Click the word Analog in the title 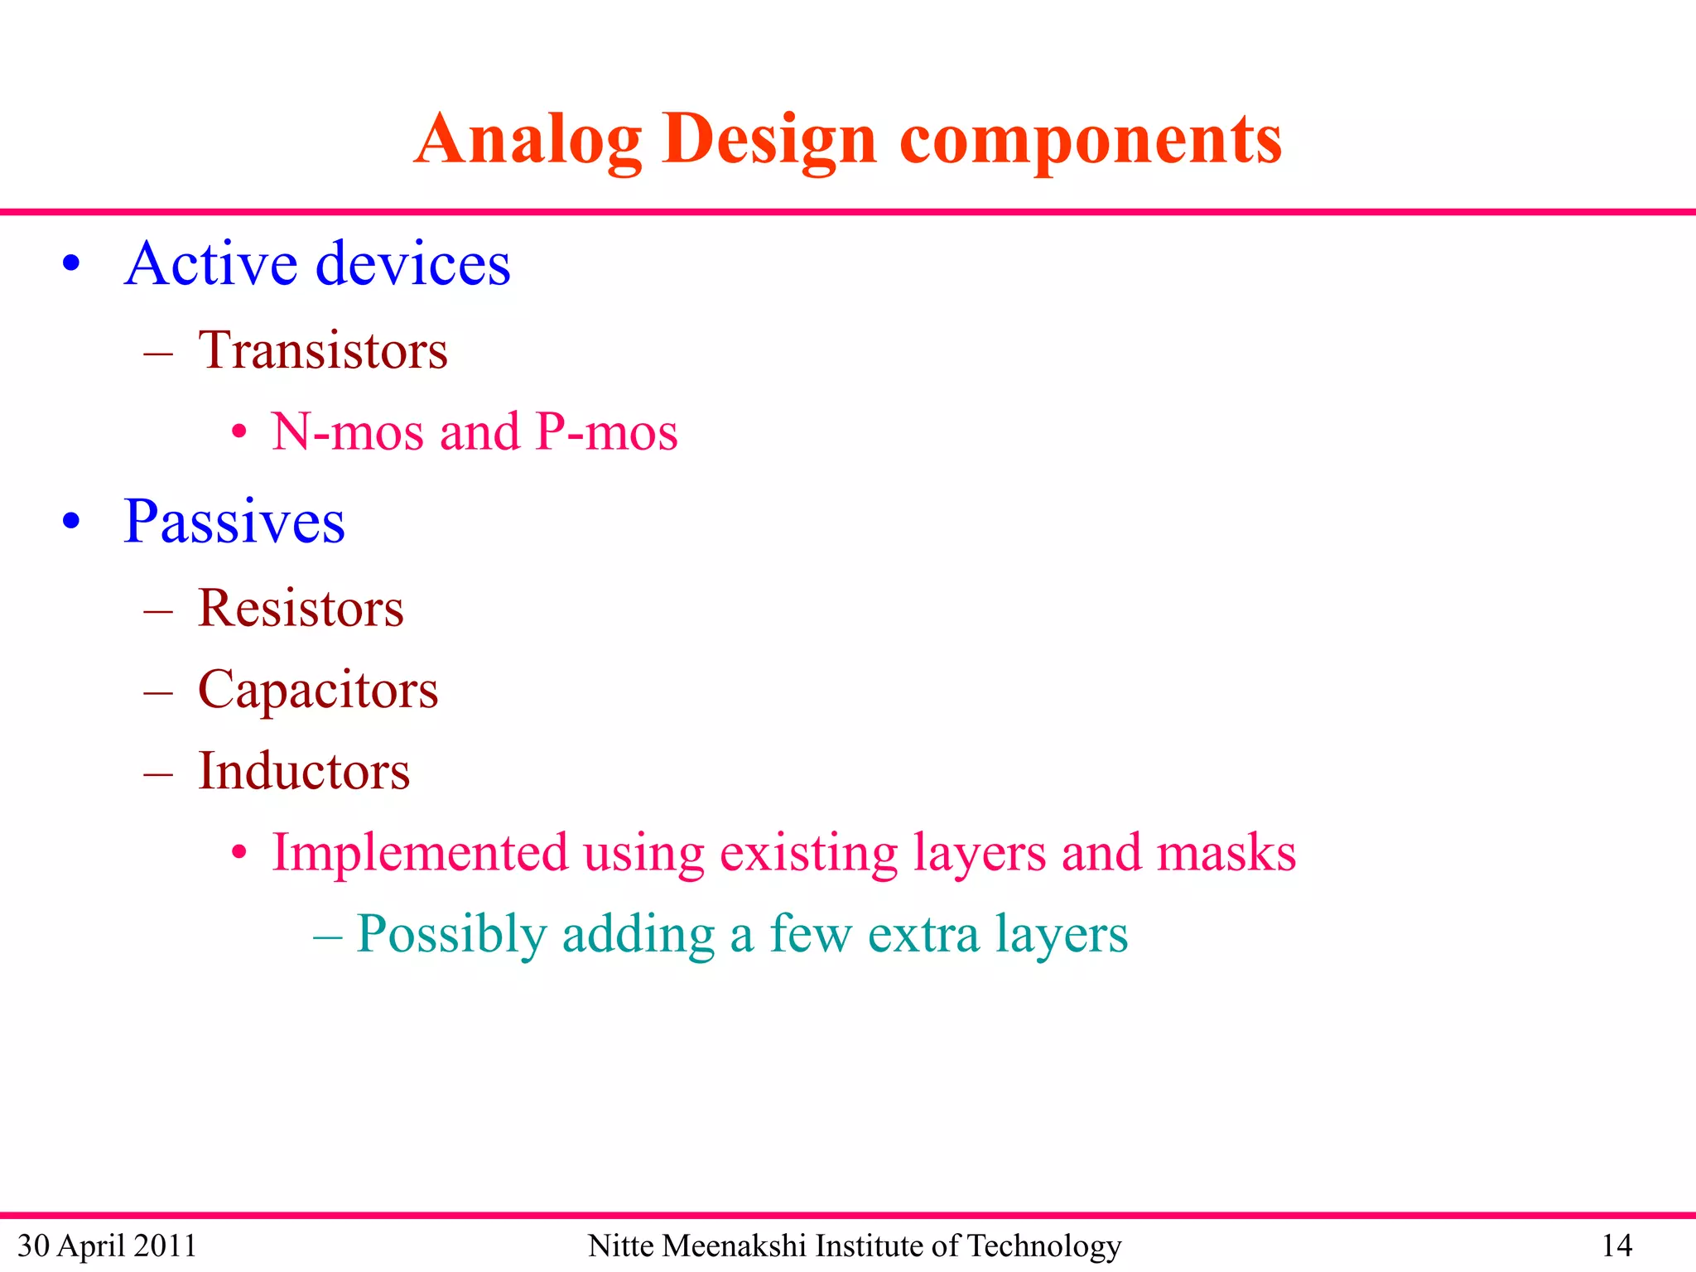coord(528,141)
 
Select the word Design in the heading coord(768,141)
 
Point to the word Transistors coord(323,350)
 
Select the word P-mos coord(606,432)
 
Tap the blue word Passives coord(234,523)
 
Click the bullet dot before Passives coord(72,522)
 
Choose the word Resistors coord(301,609)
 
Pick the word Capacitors coord(318,690)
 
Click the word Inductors coord(304,772)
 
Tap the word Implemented coord(420,853)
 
